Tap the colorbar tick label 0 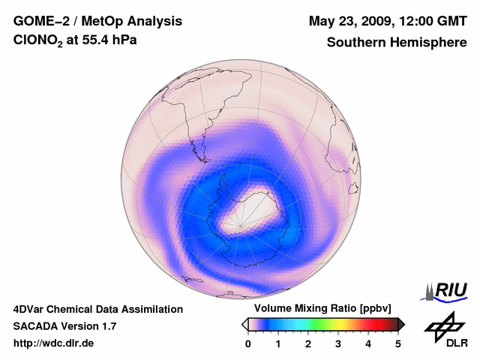click(248, 343)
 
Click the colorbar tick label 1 click(278, 343)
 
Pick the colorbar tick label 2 click(308, 343)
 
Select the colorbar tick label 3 click(338, 343)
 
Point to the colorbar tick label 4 click(368, 343)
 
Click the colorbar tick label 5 click(398, 343)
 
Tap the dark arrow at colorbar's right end click(401, 324)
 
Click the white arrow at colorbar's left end click(244, 324)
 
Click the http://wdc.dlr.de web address click(54, 343)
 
